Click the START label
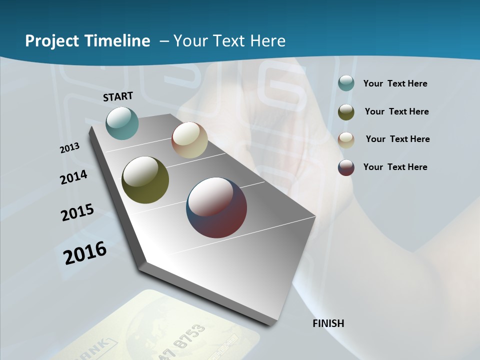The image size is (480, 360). [x=118, y=96]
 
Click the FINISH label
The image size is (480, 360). [x=328, y=323]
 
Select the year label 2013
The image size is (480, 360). [x=69, y=148]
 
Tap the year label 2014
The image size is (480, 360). [x=73, y=177]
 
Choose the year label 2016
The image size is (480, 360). [x=85, y=253]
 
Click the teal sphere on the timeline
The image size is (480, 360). [x=122, y=123]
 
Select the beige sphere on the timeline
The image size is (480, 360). [x=189, y=140]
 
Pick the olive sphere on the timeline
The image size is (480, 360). [x=145, y=180]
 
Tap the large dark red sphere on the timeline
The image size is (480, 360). [x=216, y=207]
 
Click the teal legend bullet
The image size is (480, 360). [x=346, y=83]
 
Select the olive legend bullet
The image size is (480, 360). [x=346, y=111]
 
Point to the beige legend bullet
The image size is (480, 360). [x=346, y=139]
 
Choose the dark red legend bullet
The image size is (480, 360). [x=346, y=167]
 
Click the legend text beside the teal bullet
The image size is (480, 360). [x=395, y=83]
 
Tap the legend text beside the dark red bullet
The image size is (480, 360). [x=395, y=167]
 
